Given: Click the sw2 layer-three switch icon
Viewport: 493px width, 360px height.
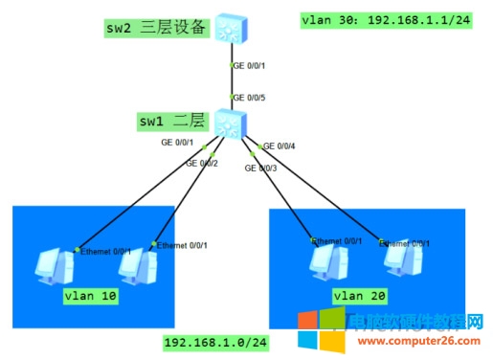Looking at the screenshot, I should click(231, 28).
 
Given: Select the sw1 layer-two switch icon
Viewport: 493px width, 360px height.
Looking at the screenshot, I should click(230, 123).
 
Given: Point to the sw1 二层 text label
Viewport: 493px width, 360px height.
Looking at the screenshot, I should click(172, 121).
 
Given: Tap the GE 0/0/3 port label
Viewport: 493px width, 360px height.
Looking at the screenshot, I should click(261, 168).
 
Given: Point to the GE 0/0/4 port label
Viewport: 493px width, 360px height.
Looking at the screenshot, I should click(280, 146).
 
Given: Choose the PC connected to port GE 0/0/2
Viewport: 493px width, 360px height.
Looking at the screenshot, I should click(138, 270).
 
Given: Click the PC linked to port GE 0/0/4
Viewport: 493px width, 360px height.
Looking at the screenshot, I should click(395, 264).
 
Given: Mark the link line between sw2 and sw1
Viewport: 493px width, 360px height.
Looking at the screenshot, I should click(231, 77).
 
